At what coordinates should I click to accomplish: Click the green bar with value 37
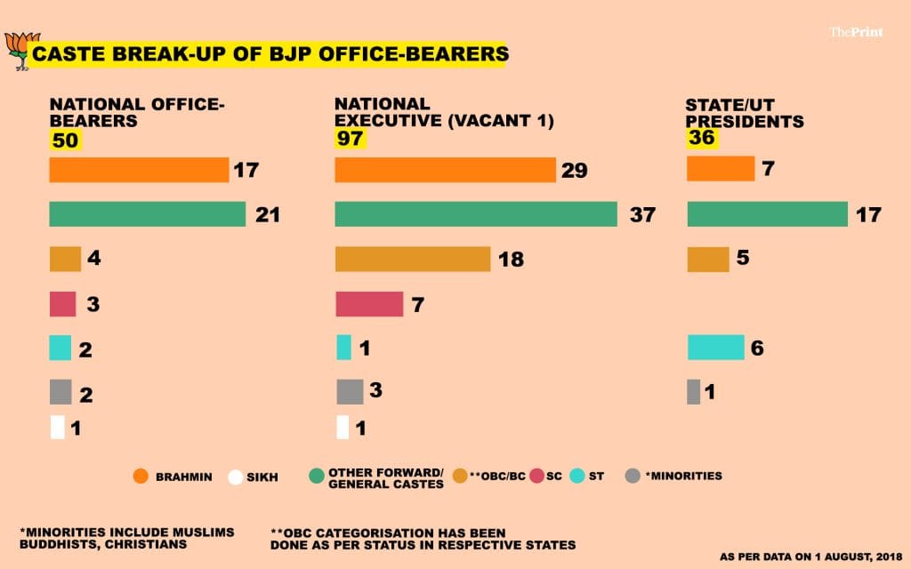(476, 214)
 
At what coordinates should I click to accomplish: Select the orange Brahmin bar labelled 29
(445, 170)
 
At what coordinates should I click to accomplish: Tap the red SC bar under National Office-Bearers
(62, 304)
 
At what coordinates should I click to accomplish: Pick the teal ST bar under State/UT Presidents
(715, 348)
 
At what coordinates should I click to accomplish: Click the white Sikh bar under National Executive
(343, 428)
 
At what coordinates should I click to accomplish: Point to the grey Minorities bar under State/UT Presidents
(694, 392)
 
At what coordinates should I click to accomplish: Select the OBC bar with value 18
(413, 259)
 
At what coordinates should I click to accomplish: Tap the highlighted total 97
(350, 139)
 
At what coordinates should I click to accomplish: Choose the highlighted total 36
(701, 139)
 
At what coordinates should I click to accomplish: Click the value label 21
(268, 214)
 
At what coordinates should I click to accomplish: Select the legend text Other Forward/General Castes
(385, 477)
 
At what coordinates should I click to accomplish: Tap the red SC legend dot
(536, 477)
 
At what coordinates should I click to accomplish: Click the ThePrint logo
(853, 32)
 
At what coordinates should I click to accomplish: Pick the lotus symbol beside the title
(20, 50)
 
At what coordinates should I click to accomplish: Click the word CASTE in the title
(63, 54)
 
